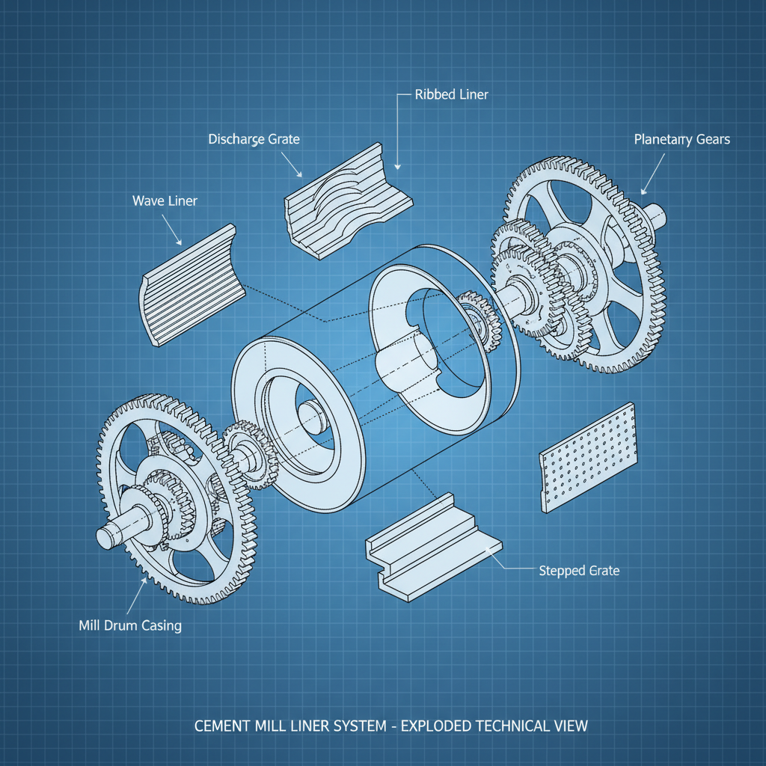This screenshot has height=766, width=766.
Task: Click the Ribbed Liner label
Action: (x=451, y=95)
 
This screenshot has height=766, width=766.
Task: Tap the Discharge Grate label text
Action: (x=254, y=139)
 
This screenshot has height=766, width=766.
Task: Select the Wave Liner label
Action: (x=165, y=200)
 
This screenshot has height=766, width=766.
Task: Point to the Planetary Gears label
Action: (x=681, y=139)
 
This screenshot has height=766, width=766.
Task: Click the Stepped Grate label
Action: (x=579, y=571)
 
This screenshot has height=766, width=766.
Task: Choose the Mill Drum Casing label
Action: (x=130, y=625)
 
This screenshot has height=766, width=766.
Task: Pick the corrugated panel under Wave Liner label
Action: (x=191, y=284)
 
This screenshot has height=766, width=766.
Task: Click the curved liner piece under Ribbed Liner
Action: (x=348, y=202)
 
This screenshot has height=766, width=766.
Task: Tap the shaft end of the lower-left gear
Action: (x=108, y=536)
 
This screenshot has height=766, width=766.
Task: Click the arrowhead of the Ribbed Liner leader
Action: (x=398, y=167)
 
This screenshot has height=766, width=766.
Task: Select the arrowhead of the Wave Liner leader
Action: (x=180, y=243)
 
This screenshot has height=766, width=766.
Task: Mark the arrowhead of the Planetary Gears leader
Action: (x=643, y=191)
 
